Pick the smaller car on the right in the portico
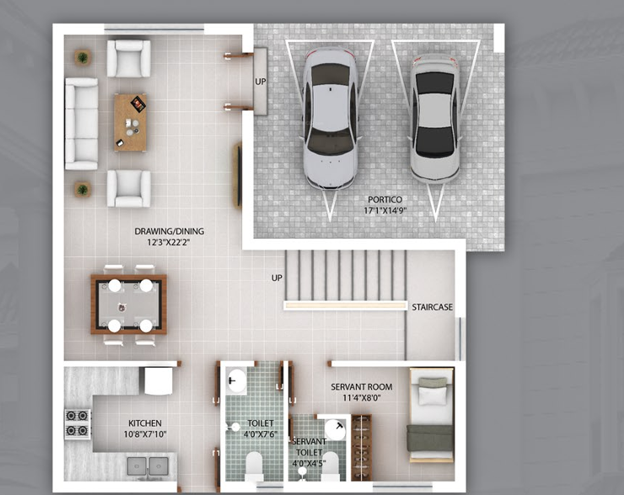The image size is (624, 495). pos(434,117)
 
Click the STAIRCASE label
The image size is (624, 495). pos(432,307)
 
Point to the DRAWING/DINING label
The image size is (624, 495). pos(169,231)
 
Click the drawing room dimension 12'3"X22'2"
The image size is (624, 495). pos(169,243)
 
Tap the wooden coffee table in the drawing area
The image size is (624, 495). pos(131,121)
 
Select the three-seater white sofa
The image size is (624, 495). pos(82,123)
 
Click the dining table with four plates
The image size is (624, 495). pos(129,304)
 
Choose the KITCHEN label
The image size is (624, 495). pos(145,423)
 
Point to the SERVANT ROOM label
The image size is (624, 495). pos(361,387)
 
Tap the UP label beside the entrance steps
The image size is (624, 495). pos(261,82)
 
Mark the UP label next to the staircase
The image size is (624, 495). pos(277,277)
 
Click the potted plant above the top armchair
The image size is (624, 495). pos(82,58)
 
